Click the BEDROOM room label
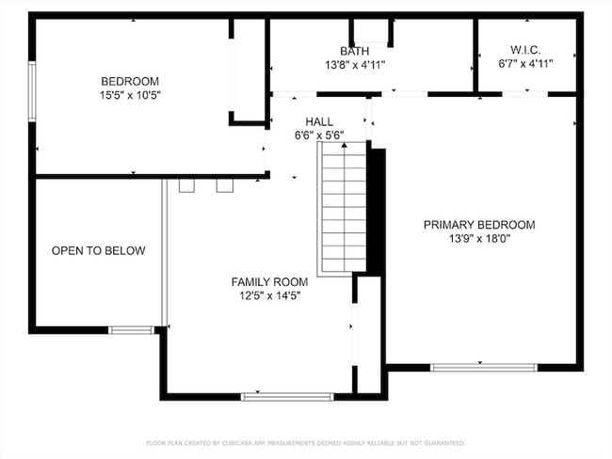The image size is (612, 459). click(130, 81)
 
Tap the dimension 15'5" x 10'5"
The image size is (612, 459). click(130, 95)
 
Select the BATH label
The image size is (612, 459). click(355, 51)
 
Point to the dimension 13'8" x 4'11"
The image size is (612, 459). click(355, 65)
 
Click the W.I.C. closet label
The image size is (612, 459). click(525, 49)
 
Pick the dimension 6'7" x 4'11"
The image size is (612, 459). click(525, 63)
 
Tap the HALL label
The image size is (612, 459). click(318, 121)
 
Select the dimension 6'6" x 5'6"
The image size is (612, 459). click(318, 135)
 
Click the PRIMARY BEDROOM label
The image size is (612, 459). click(478, 225)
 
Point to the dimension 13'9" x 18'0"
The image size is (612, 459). click(478, 240)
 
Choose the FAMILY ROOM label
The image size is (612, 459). click(270, 281)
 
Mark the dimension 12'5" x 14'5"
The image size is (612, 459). click(270, 295)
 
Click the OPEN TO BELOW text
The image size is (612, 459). click(99, 250)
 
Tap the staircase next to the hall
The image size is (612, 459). click(344, 207)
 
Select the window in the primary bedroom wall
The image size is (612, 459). click(483, 367)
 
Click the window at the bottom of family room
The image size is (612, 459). click(286, 396)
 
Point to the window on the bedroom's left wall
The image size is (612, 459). click(32, 90)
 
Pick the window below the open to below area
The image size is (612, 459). click(132, 329)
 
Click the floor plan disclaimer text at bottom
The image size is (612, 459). click(305, 442)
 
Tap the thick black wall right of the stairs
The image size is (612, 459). click(376, 207)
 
